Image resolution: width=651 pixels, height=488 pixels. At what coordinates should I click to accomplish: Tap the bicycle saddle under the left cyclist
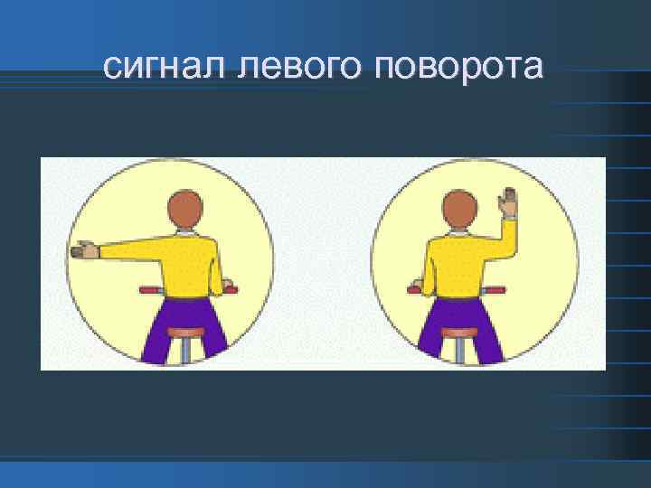tap(187, 333)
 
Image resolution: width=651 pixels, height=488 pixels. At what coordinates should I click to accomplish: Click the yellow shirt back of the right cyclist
tap(459, 267)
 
